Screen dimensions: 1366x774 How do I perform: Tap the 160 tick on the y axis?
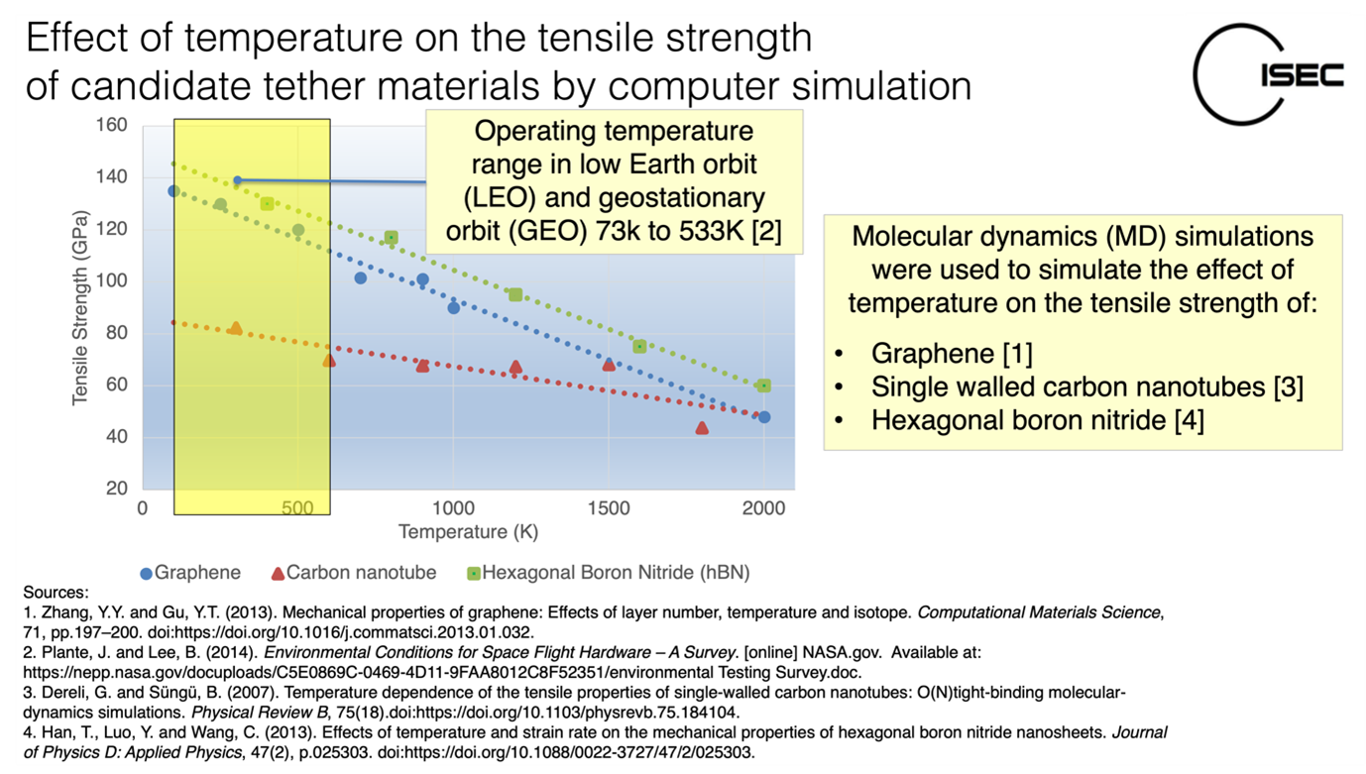112,125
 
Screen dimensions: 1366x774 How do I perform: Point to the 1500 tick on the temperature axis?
609,508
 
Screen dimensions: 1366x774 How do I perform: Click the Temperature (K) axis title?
468,532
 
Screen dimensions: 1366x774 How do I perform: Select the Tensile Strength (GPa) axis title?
80,308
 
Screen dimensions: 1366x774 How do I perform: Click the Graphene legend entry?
190,573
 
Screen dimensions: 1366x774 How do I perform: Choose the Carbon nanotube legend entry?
354,573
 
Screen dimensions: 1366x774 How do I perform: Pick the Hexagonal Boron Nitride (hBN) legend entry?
609,573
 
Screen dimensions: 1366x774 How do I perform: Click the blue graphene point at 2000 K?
764,417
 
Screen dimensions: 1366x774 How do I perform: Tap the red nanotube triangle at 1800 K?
702,428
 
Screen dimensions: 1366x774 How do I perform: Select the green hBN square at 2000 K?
763,386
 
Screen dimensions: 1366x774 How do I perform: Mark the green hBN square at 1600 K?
639,346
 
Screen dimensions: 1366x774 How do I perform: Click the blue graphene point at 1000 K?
453,308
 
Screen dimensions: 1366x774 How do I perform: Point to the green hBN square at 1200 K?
515,295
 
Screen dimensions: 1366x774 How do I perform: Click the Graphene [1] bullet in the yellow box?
952,354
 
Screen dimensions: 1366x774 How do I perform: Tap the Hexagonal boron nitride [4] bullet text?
1037,420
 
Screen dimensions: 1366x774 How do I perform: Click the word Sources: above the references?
56,593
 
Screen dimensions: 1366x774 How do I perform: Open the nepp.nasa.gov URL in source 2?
442,673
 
